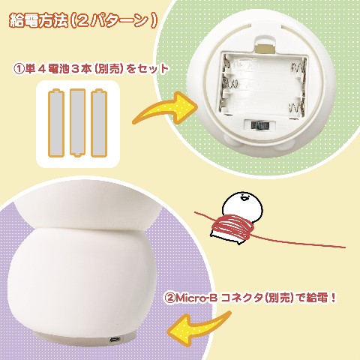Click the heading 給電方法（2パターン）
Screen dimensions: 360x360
coord(83,20)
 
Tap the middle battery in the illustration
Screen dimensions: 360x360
coord(77,122)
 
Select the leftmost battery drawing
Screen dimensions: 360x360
coord(55,123)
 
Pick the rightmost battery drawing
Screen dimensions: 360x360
coord(99,123)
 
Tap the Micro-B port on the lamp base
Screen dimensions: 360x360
coord(115,340)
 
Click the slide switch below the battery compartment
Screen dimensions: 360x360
coord(259,125)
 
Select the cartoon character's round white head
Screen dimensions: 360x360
coord(242,204)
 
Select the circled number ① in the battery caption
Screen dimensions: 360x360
coord(19,69)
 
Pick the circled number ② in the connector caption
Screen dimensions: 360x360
coord(170,298)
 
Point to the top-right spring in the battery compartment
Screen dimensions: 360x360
coord(298,67)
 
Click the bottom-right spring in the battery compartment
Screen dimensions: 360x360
coord(297,108)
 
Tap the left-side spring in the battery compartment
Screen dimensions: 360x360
coord(230,83)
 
